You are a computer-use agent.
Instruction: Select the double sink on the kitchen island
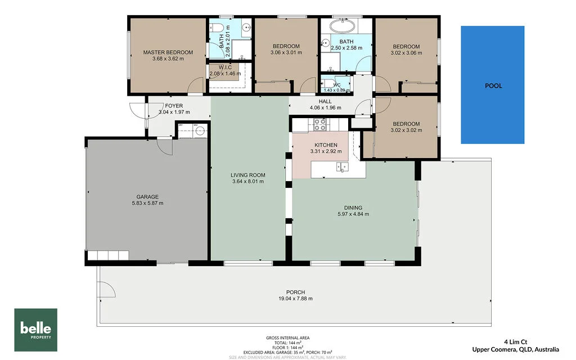point(341,166)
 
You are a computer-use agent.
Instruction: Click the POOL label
point(493,86)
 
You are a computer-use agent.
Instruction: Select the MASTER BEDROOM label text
point(168,52)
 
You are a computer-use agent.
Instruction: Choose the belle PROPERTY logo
point(36,330)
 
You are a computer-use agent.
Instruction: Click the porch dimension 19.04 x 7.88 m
point(295,299)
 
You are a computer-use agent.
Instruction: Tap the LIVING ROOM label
point(248,175)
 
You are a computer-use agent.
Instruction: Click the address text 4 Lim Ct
point(516,341)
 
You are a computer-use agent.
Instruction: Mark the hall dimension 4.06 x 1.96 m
point(325,108)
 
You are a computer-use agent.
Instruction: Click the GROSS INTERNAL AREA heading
point(287,338)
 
